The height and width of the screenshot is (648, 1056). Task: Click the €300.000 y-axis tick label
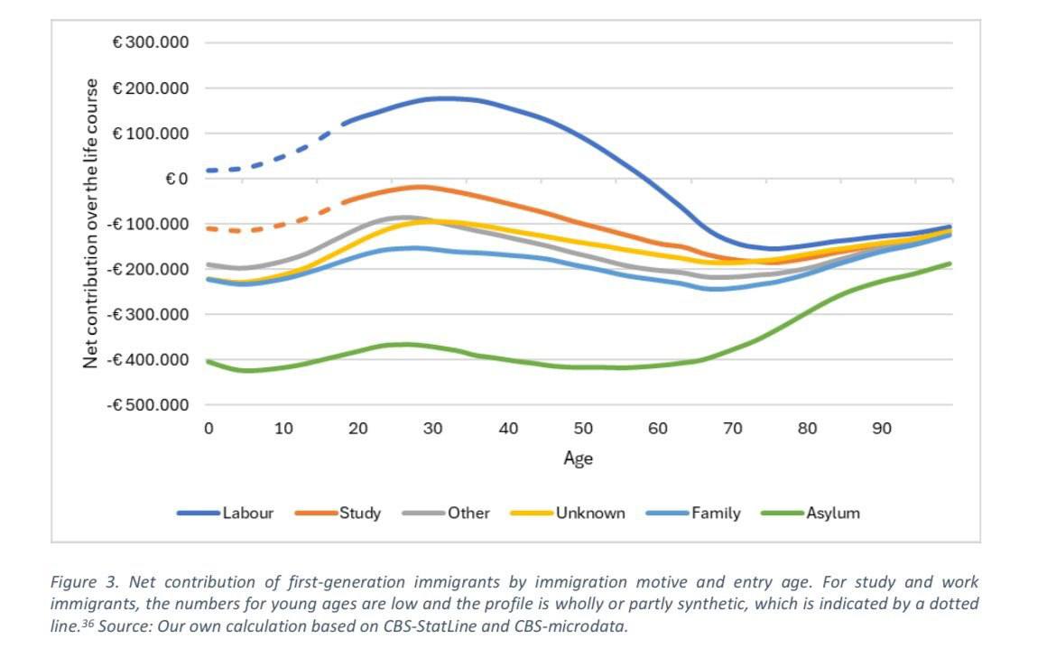click(151, 42)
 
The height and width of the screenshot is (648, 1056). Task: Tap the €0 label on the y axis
click(177, 179)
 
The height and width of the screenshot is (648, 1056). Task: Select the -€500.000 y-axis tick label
click(148, 404)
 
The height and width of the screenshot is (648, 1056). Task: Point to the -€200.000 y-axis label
click(148, 269)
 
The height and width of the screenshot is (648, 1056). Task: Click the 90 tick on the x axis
click(882, 429)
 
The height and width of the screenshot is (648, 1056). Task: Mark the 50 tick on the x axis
click(583, 429)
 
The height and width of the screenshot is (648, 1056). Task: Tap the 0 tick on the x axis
click(208, 429)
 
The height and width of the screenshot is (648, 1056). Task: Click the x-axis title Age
click(579, 458)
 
